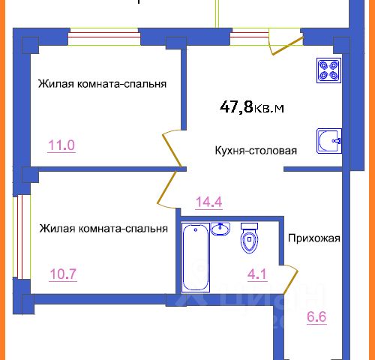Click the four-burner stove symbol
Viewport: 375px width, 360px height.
[328, 70]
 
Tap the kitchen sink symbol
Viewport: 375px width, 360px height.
[329, 141]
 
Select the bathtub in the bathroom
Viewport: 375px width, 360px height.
[196, 257]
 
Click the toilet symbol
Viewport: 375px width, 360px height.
[249, 238]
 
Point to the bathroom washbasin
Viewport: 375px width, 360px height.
[220, 229]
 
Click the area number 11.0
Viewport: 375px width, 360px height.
[61, 145]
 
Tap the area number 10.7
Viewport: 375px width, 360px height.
[63, 274]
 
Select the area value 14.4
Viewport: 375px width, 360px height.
[209, 202]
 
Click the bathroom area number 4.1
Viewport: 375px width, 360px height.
[257, 274]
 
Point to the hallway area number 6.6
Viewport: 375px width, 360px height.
[316, 317]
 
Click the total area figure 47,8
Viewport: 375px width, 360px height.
[236, 107]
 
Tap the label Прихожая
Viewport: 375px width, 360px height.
[314, 238]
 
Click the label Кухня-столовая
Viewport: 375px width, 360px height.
[256, 151]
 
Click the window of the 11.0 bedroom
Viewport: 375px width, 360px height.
[104, 37]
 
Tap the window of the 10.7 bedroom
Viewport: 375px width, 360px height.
[22, 237]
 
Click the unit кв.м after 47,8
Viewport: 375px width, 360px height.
[269, 109]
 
